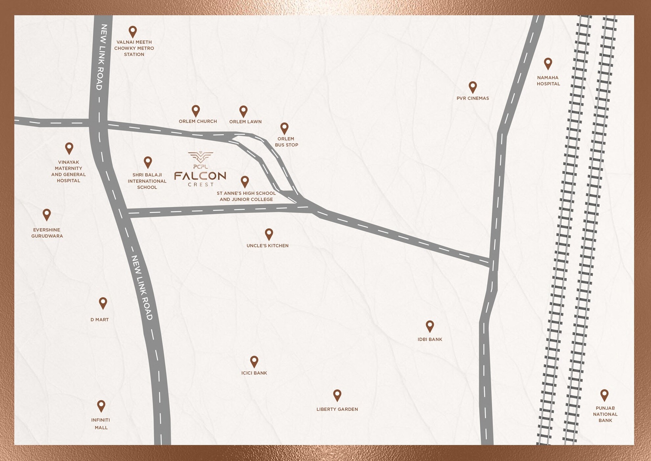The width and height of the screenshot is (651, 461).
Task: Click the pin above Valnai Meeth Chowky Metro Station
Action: (133, 32)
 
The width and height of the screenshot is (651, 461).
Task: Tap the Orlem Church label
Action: (198, 121)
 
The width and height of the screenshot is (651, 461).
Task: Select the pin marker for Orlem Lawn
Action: (243, 111)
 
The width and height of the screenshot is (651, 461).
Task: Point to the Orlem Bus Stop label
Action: (286, 142)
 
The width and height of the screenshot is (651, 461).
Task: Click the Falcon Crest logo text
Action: (200, 176)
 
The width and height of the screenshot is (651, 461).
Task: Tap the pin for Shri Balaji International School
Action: (148, 162)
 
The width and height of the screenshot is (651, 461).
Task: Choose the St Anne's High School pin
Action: (245, 181)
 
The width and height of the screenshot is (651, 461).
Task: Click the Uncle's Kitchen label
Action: (267, 246)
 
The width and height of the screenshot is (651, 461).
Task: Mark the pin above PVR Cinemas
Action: (472, 87)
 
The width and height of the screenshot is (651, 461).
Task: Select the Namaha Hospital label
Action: (548, 81)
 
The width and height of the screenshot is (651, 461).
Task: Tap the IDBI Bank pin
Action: (430, 326)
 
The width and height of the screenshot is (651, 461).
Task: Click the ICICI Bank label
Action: (254, 373)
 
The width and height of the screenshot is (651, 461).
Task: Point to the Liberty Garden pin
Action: (337, 395)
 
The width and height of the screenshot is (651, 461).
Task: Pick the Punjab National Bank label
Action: (605, 414)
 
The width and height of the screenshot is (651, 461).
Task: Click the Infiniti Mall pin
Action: (101, 406)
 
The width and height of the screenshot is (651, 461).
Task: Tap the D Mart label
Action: (100, 320)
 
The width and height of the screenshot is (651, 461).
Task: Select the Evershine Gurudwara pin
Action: (47, 214)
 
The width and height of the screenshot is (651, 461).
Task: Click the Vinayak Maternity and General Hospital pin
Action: (69, 148)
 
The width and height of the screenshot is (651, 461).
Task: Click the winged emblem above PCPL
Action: (201, 157)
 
